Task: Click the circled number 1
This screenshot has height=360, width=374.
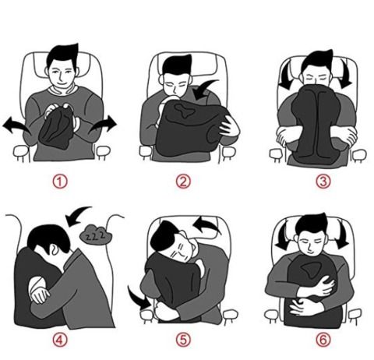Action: tap(60, 182)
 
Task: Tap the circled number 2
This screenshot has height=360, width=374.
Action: tap(183, 182)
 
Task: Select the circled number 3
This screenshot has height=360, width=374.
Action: tap(323, 182)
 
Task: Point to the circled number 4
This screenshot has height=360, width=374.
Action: tap(60, 340)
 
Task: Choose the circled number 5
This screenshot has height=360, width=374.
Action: tap(183, 340)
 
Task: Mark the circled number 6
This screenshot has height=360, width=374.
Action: tap(323, 340)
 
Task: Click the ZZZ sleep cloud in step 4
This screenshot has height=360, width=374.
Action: tap(96, 235)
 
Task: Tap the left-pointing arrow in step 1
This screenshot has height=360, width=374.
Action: tap(16, 125)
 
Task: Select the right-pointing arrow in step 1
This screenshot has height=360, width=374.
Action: tap(104, 125)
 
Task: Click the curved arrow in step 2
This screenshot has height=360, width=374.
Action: tap(204, 90)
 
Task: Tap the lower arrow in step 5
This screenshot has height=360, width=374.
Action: tap(138, 298)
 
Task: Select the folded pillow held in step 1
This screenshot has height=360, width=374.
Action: tap(56, 127)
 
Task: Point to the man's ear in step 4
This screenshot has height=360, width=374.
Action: tap(54, 250)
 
